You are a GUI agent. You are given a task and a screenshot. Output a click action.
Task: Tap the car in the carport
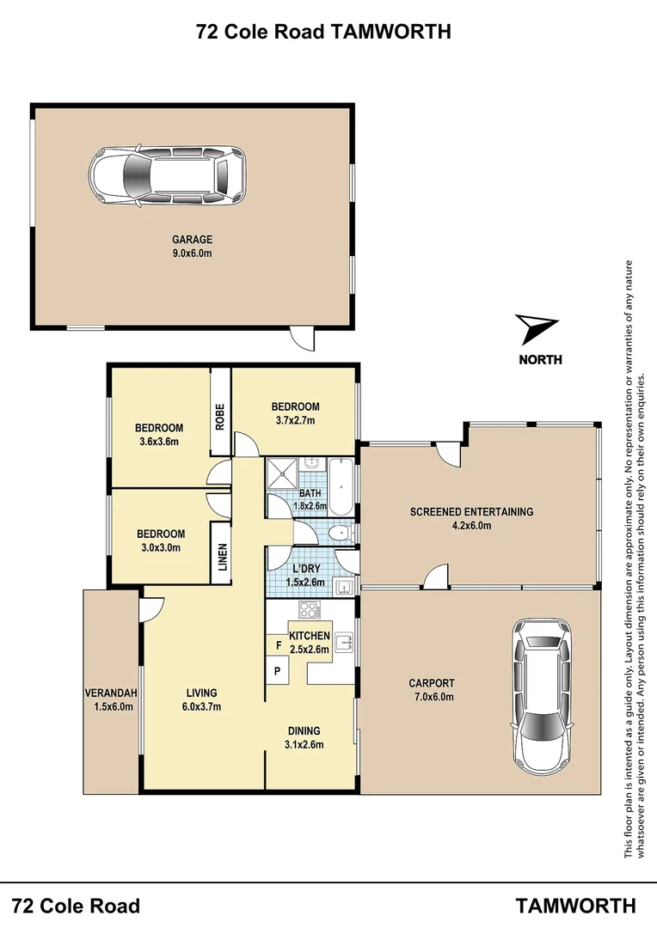click(542, 696)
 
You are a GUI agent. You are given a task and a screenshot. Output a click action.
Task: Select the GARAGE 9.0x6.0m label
click(192, 246)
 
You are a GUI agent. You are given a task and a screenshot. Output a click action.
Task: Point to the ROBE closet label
click(220, 416)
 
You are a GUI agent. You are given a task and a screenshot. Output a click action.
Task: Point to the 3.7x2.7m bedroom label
click(295, 413)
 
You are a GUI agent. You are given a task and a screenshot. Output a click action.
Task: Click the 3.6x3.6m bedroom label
click(160, 435)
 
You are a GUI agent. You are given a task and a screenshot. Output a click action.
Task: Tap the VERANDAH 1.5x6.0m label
click(110, 699)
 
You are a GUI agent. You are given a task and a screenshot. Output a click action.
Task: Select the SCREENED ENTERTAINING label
click(471, 518)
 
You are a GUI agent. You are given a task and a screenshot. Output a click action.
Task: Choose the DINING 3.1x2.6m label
click(305, 738)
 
